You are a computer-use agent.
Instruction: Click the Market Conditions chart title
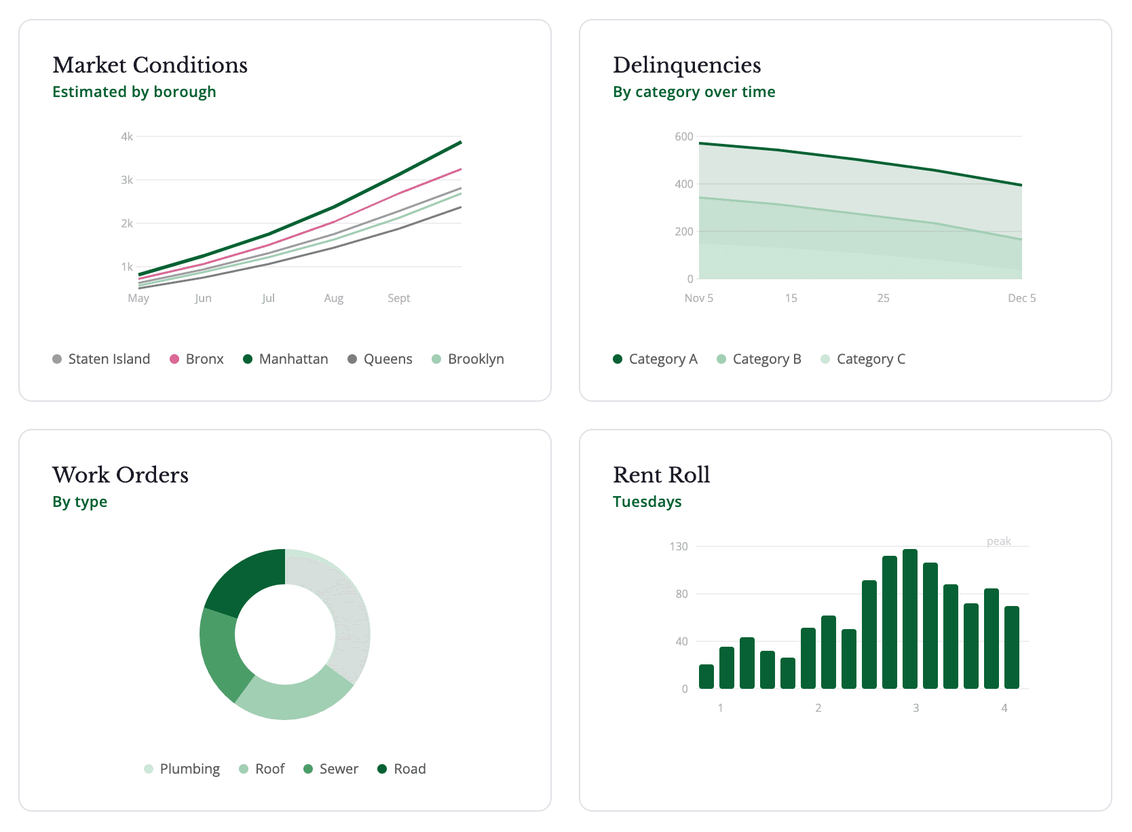tap(150, 65)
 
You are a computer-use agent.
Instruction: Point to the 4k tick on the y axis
tap(127, 136)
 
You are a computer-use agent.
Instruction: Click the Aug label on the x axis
tap(333, 298)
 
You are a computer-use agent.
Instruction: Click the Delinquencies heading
tap(687, 65)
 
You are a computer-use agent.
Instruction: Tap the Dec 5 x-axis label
tap(1021, 298)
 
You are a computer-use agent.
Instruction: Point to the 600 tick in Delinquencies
tap(683, 136)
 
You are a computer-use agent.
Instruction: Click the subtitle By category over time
tap(694, 92)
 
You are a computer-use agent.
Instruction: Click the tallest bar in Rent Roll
tap(910, 619)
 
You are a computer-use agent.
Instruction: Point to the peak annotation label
tap(998, 541)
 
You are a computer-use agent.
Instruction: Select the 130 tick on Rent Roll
tap(679, 546)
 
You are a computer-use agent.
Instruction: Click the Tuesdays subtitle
tap(647, 502)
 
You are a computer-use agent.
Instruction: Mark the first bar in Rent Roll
tap(706, 677)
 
